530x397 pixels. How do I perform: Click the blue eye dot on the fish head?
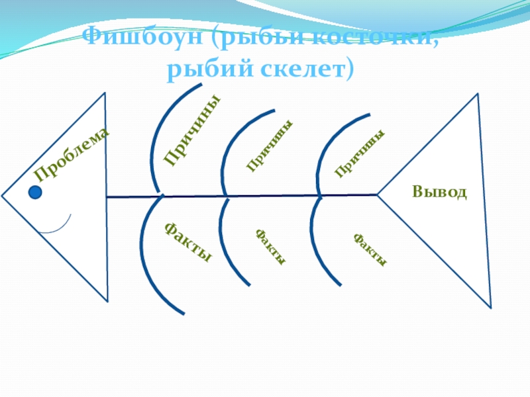pos(36,193)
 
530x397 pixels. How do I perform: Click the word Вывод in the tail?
pos(439,193)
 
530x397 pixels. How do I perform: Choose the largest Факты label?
pos(188,242)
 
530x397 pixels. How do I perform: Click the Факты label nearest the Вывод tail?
pos(370,249)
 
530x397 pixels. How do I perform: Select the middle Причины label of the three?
pos(270,147)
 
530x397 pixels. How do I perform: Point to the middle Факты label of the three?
pos(271,247)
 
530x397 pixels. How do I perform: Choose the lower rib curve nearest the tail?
pos(319,245)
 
